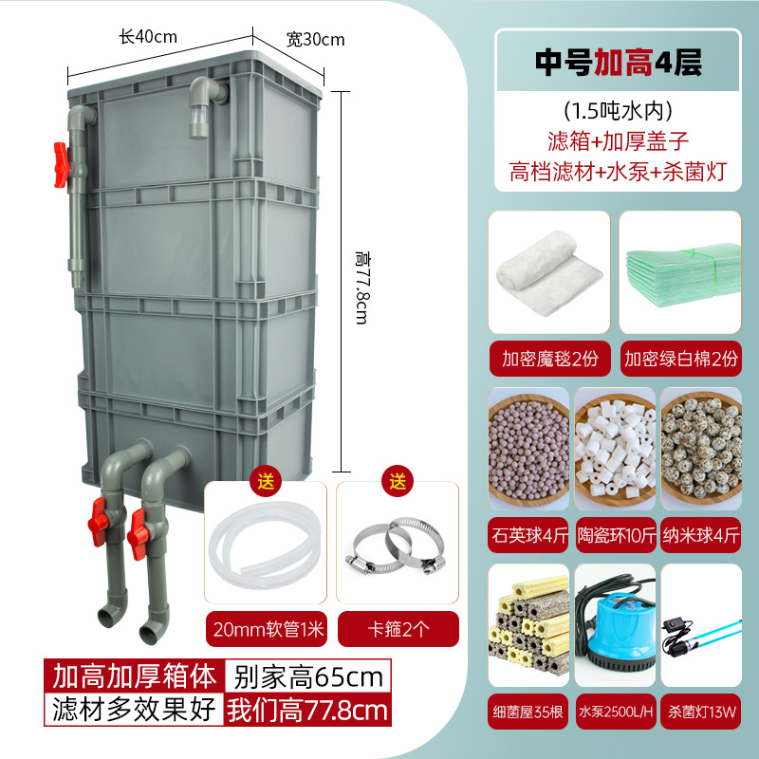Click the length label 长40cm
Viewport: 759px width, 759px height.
[x=147, y=37]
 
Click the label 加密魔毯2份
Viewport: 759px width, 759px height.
[x=547, y=360]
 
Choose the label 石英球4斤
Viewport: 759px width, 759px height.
[x=528, y=535]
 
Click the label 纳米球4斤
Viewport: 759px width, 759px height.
[x=701, y=535]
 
